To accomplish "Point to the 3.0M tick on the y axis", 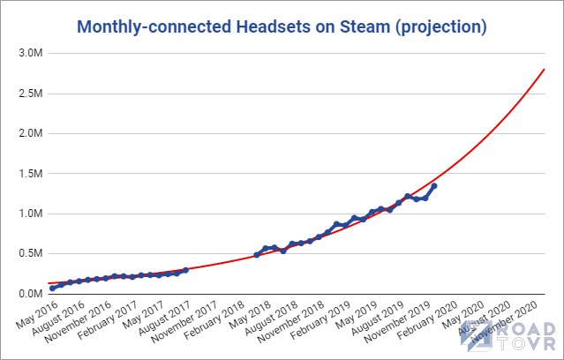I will point(26,53).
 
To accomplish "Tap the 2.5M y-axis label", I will point(26,94).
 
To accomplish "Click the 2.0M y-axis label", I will point(26,133).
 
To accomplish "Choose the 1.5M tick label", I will point(26,174).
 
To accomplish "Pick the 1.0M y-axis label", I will point(26,214).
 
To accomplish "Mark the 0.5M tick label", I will point(26,254).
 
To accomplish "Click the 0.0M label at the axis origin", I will point(26,294).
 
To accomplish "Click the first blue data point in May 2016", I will point(53,289).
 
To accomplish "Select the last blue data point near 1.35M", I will point(434,186).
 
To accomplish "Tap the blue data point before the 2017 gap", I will point(185,270).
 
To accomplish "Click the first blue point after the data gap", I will point(257,255).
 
